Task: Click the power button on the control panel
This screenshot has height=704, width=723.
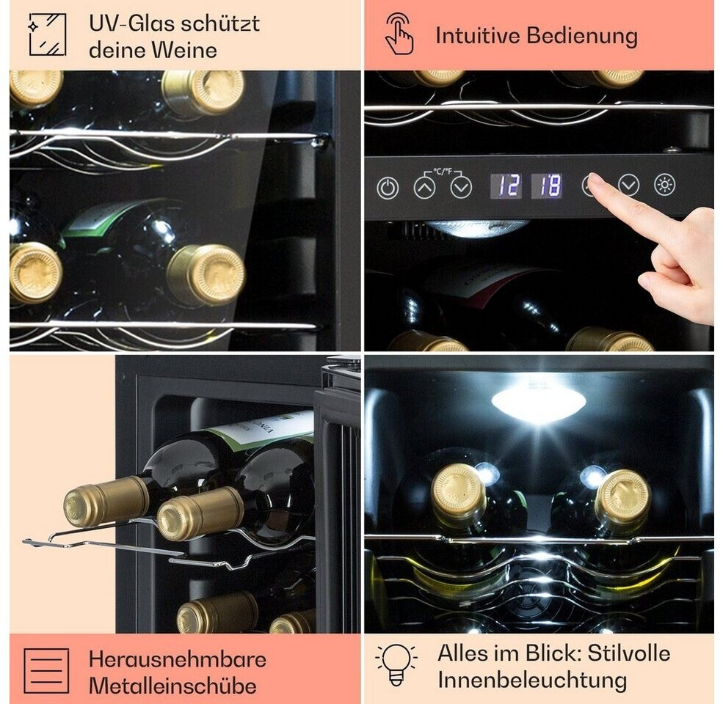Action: [388, 188]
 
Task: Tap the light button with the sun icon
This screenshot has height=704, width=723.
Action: [664, 185]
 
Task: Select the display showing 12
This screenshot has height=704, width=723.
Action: [506, 186]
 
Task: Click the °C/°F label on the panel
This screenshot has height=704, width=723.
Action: [443, 172]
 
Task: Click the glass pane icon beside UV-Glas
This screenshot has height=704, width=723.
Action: [48, 34]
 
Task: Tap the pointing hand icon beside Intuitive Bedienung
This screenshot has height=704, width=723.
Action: [399, 34]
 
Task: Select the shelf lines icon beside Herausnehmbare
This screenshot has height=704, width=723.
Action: [46, 671]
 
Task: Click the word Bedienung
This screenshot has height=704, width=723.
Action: [582, 36]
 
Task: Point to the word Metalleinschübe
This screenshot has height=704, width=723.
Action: [172, 686]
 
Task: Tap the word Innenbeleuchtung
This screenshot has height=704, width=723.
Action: [532, 680]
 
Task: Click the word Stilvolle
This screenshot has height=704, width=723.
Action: [629, 653]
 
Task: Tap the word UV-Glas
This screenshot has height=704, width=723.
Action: [131, 24]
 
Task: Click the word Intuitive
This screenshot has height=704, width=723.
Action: [478, 35]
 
